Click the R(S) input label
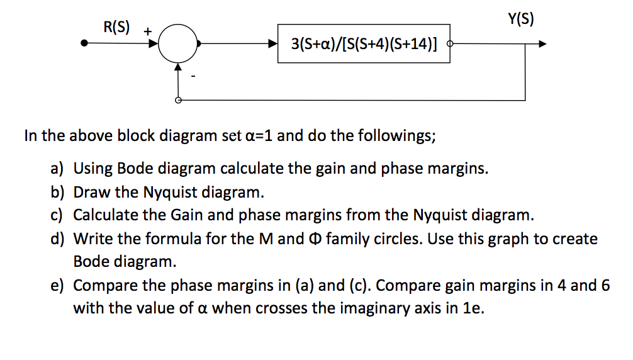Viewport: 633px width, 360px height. pos(116,27)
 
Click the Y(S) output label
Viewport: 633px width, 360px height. pos(521,18)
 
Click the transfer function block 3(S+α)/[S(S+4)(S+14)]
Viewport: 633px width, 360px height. pos(364,43)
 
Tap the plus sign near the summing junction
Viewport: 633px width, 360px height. pos(148,31)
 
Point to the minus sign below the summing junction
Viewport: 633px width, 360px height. pos(193,76)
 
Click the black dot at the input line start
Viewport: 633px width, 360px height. pos(84,43)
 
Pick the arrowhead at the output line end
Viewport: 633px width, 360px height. pos(542,43)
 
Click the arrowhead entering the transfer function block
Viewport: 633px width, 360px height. pos(273,43)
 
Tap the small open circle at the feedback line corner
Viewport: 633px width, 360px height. pos(178,100)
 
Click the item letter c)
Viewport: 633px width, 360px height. pos(57,215)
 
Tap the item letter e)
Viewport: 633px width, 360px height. pos(57,286)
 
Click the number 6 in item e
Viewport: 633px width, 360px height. pos(605,285)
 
